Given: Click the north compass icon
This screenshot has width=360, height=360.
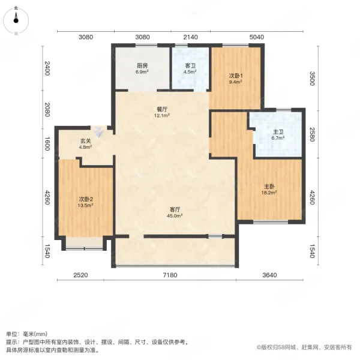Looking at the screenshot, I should (x=16, y=21).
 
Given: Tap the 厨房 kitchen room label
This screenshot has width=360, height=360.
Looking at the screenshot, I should (x=142, y=66).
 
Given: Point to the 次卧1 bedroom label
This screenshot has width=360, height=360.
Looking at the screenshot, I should (x=236, y=76).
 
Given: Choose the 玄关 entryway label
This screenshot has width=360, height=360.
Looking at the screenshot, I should (x=86, y=142).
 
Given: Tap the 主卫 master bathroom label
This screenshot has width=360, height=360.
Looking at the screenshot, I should (x=277, y=133).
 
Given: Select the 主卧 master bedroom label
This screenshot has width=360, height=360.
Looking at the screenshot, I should (x=269, y=186).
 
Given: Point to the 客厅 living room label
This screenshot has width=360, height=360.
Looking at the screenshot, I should (x=175, y=210).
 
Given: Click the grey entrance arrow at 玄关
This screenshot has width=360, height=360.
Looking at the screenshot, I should (x=97, y=129).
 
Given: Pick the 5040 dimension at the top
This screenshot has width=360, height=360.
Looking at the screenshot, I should (x=256, y=37).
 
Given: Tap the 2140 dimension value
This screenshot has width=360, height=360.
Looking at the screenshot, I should (x=190, y=37).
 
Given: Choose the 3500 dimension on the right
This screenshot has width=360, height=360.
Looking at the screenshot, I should (x=311, y=79).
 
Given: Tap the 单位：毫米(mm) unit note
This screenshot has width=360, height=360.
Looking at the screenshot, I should (x=27, y=334).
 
